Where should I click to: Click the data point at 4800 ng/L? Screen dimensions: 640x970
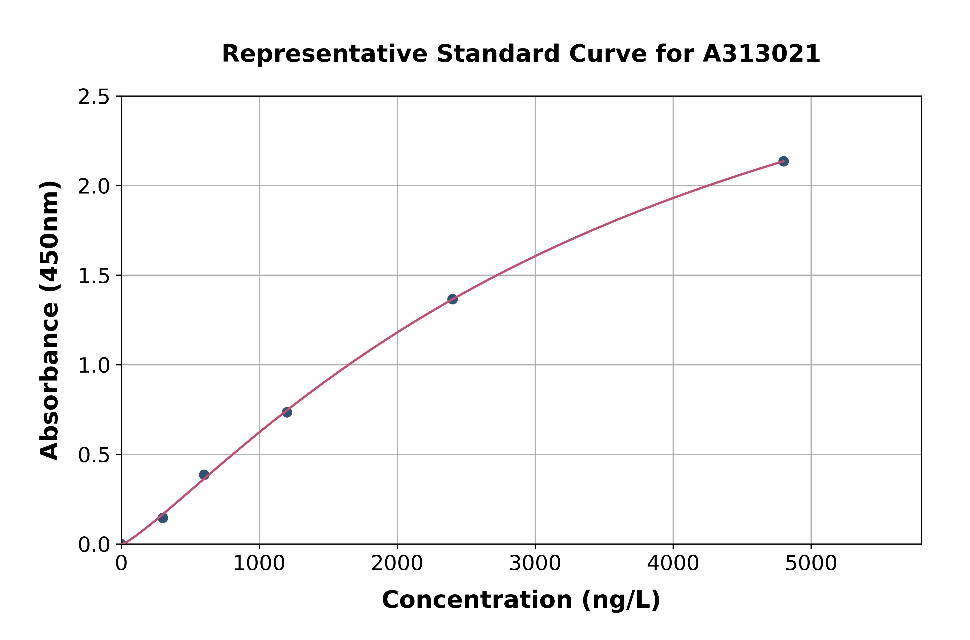click(x=783, y=161)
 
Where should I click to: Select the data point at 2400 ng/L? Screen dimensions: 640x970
click(x=452, y=299)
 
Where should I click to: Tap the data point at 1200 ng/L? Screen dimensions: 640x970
click(x=287, y=412)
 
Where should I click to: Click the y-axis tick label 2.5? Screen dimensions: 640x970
click(x=94, y=97)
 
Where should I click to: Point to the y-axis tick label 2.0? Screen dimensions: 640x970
click(x=94, y=187)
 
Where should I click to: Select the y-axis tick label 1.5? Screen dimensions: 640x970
click(x=94, y=276)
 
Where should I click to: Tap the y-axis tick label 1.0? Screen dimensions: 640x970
click(x=94, y=366)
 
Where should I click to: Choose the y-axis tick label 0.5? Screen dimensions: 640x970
click(x=94, y=455)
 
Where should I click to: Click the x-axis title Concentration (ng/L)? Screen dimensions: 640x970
click(x=521, y=600)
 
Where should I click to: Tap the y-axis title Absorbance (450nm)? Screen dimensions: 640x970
click(x=50, y=320)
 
